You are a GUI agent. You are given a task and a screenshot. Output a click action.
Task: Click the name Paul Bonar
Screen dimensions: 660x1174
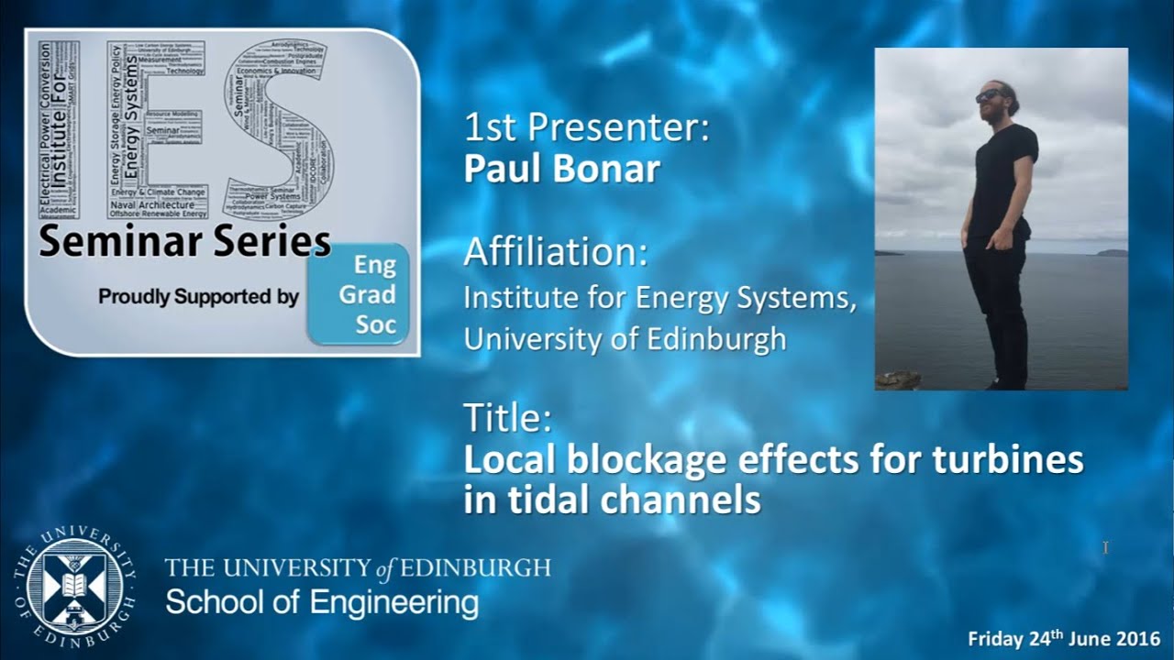tap(561, 170)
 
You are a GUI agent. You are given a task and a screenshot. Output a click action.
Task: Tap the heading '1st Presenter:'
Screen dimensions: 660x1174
tap(587, 127)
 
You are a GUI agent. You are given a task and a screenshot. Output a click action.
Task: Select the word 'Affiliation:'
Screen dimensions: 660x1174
tap(556, 251)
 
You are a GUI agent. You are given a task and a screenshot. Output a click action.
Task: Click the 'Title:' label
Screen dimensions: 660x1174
tap(507, 418)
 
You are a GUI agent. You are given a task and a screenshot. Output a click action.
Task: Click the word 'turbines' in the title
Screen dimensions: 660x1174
tap(1008, 459)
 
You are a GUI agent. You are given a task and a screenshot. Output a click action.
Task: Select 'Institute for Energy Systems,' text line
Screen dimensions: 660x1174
tap(660, 299)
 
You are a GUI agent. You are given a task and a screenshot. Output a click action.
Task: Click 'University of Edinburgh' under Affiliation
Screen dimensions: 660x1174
tap(625, 338)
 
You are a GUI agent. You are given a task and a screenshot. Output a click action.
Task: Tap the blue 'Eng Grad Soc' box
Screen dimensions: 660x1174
tap(359, 295)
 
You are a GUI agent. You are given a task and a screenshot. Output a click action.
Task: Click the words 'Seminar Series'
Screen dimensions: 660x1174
tap(184, 242)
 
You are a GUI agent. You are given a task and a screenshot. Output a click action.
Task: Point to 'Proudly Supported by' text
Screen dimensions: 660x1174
tap(198, 297)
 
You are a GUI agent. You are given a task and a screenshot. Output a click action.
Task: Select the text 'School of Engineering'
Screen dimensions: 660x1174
tap(321, 603)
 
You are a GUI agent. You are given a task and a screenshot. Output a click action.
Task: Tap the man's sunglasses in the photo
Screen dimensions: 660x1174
tap(989, 94)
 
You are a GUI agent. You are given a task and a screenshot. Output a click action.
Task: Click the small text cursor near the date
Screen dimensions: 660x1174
tap(1106, 547)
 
